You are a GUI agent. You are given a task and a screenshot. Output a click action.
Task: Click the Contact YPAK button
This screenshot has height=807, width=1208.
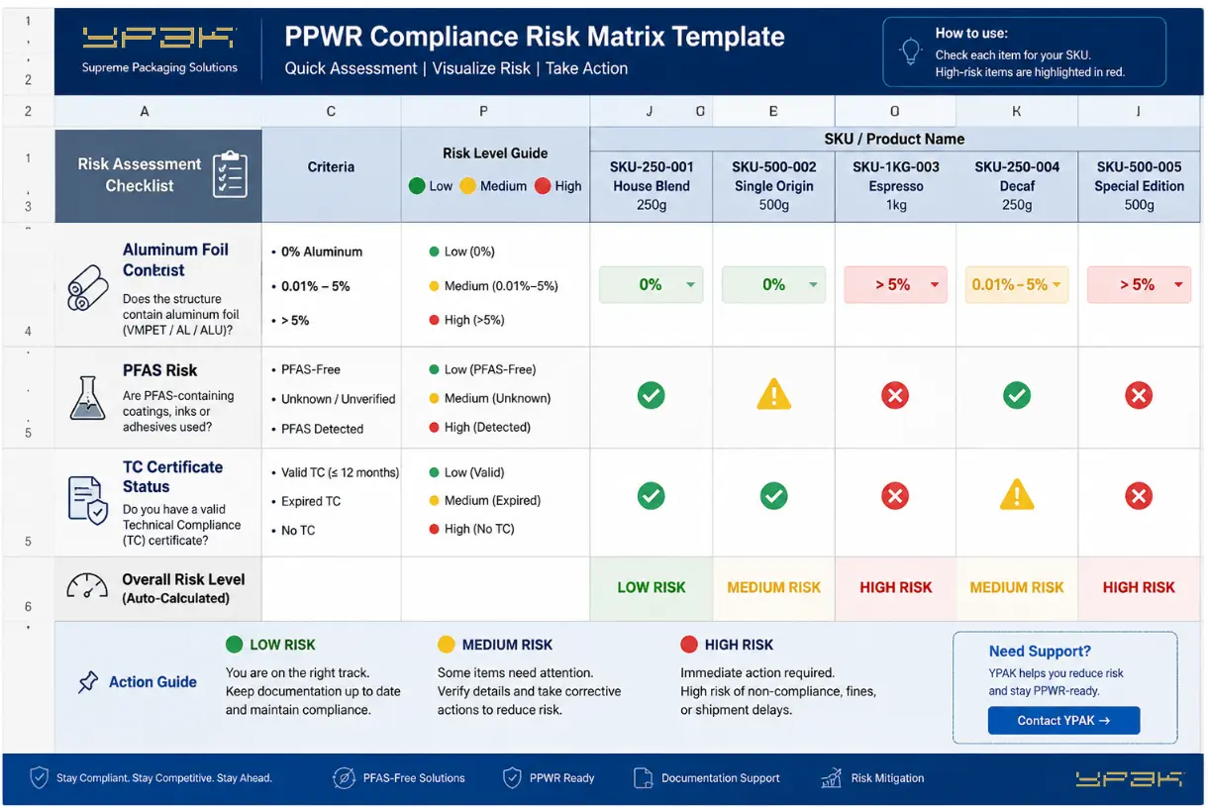click(1063, 720)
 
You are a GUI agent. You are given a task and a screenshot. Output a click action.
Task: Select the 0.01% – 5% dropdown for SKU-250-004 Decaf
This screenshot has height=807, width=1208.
click(1016, 284)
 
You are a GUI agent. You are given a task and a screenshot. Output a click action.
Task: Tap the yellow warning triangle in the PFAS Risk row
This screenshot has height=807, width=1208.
click(773, 394)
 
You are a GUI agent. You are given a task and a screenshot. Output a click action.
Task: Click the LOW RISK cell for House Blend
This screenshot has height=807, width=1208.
click(651, 587)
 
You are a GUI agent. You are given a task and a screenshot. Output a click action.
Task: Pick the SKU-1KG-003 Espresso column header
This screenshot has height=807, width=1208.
click(895, 185)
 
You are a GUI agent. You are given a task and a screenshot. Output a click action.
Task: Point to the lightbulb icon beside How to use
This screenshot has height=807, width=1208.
click(910, 51)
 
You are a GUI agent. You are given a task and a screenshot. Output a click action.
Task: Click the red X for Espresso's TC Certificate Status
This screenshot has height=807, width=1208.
click(895, 496)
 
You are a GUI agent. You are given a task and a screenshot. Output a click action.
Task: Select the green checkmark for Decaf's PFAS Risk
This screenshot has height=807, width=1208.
click(1017, 395)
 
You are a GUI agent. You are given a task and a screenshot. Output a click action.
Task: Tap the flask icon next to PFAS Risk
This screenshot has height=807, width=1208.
click(87, 398)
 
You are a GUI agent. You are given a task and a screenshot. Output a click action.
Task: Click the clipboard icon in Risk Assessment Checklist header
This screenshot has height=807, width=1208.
click(231, 174)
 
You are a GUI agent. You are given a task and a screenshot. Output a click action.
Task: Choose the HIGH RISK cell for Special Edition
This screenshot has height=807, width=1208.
click(1139, 587)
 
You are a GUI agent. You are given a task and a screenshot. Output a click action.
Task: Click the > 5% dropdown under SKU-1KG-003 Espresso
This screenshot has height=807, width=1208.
click(895, 284)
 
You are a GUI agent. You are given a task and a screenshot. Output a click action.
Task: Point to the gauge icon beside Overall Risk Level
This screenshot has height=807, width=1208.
click(87, 586)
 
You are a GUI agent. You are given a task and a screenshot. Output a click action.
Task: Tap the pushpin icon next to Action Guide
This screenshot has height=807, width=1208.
click(88, 682)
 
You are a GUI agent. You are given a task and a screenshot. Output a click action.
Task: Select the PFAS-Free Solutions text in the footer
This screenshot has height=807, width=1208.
click(414, 778)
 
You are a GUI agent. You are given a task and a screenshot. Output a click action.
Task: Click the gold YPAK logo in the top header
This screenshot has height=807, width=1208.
click(158, 38)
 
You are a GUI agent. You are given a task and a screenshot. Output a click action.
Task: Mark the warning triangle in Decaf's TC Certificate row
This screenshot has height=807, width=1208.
click(1017, 495)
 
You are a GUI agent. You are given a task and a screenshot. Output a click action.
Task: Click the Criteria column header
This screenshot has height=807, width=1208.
click(331, 166)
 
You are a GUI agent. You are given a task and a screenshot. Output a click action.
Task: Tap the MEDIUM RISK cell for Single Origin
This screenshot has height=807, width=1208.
click(773, 587)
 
